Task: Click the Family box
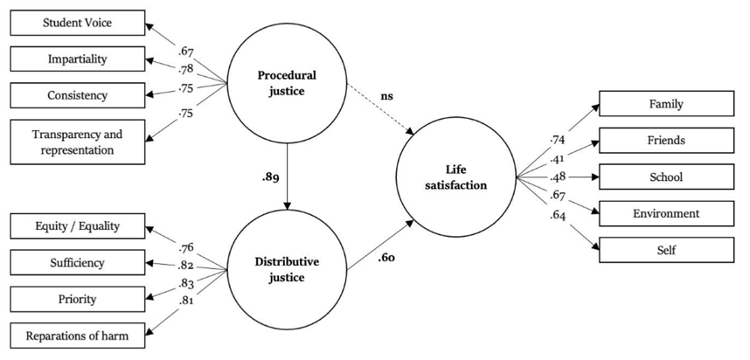pyautogui.click(x=666, y=104)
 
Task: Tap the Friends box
pyautogui.click(x=666, y=140)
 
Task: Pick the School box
pyautogui.click(x=666, y=176)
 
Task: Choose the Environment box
pyautogui.click(x=666, y=212)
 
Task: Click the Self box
pyautogui.click(x=666, y=249)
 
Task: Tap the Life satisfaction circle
pyautogui.click(x=456, y=176)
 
